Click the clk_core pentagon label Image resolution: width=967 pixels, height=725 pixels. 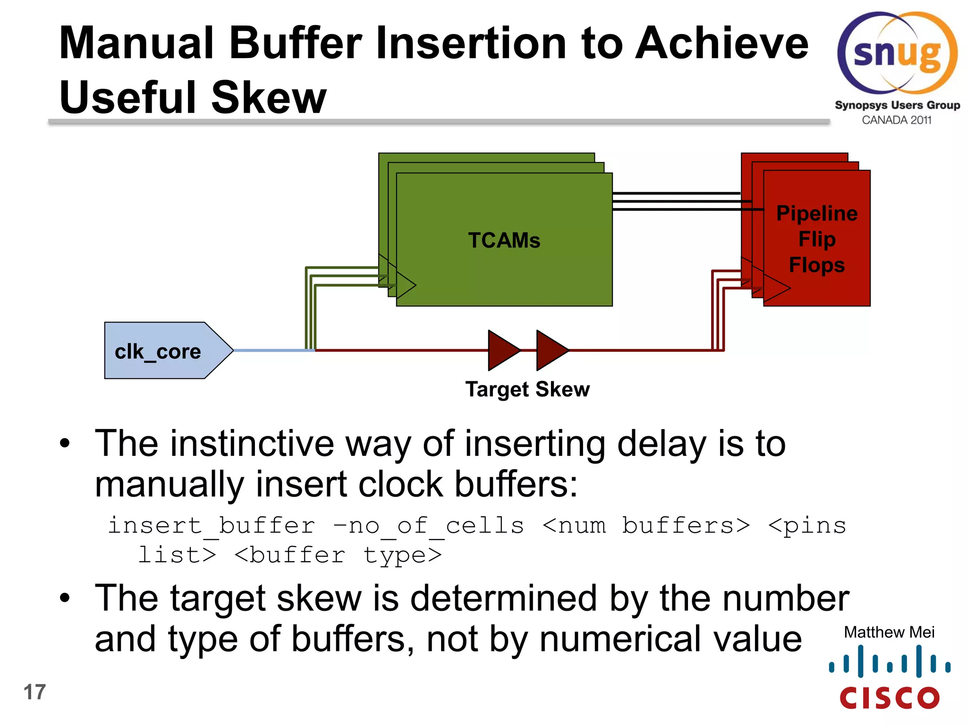[x=158, y=352]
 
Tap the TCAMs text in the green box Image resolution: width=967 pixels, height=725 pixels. [x=504, y=240]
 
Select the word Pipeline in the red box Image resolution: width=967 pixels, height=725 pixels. [x=817, y=213]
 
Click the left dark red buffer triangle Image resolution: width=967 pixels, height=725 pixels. [x=502, y=350]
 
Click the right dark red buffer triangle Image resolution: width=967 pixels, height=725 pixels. [x=551, y=350]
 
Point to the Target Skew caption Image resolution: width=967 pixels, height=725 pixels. [x=527, y=389]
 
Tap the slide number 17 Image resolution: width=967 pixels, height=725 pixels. [x=34, y=692]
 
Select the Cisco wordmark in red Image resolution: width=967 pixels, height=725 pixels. [x=890, y=698]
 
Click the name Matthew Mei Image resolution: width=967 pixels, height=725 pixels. [x=889, y=632]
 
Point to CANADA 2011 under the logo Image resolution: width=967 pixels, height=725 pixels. [x=897, y=120]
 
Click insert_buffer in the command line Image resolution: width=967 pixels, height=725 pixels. [x=212, y=526]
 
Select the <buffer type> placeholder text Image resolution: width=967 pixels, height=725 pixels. [x=338, y=555]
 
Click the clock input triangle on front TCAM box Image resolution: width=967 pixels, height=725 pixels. [x=405, y=285]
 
